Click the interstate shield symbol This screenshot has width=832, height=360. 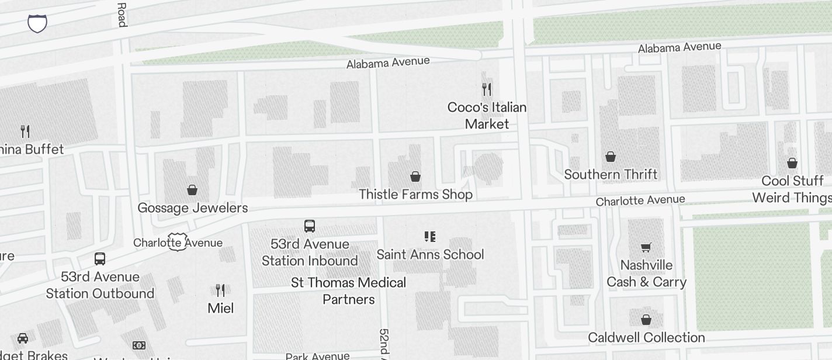click(x=37, y=23)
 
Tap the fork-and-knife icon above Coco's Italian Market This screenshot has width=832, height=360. click(x=487, y=89)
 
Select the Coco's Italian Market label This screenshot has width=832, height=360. click(x=487, y=115)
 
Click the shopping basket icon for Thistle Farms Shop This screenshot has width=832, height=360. click(x=415, y=176)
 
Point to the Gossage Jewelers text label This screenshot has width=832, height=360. click(x=192, y=208)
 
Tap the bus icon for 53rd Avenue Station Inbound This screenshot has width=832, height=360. click(x=310, y=226)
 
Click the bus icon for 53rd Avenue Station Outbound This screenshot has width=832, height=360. click(x=100, y=258)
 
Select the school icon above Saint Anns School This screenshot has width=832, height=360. click(x=430, y=237)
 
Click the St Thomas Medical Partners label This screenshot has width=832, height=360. click(x=348, y=290)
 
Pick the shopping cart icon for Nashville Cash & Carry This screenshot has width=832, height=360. click(x=646, y=247)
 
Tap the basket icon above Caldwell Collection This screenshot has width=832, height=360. click(x=646, y=320)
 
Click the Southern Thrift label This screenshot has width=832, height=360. click(x=611, y=174)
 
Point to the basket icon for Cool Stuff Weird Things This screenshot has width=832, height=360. click(x=792, y=163)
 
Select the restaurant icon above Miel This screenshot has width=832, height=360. click(x=220, y=290)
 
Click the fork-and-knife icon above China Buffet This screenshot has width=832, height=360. click(x=25, y=131)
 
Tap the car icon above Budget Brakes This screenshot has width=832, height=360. click(x=23, y=338)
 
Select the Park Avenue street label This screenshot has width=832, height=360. click(x=317, y=356)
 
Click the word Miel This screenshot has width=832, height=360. click(x=220, y=308)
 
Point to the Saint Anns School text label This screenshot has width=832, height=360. click(x=430, y=254)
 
